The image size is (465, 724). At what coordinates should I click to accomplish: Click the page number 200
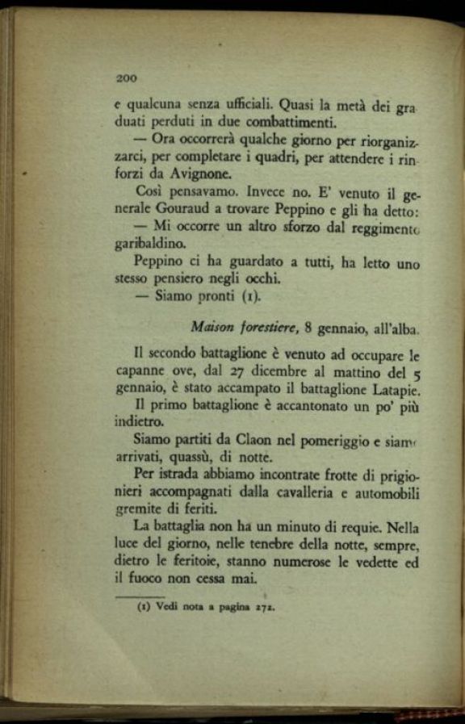point(127,78)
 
